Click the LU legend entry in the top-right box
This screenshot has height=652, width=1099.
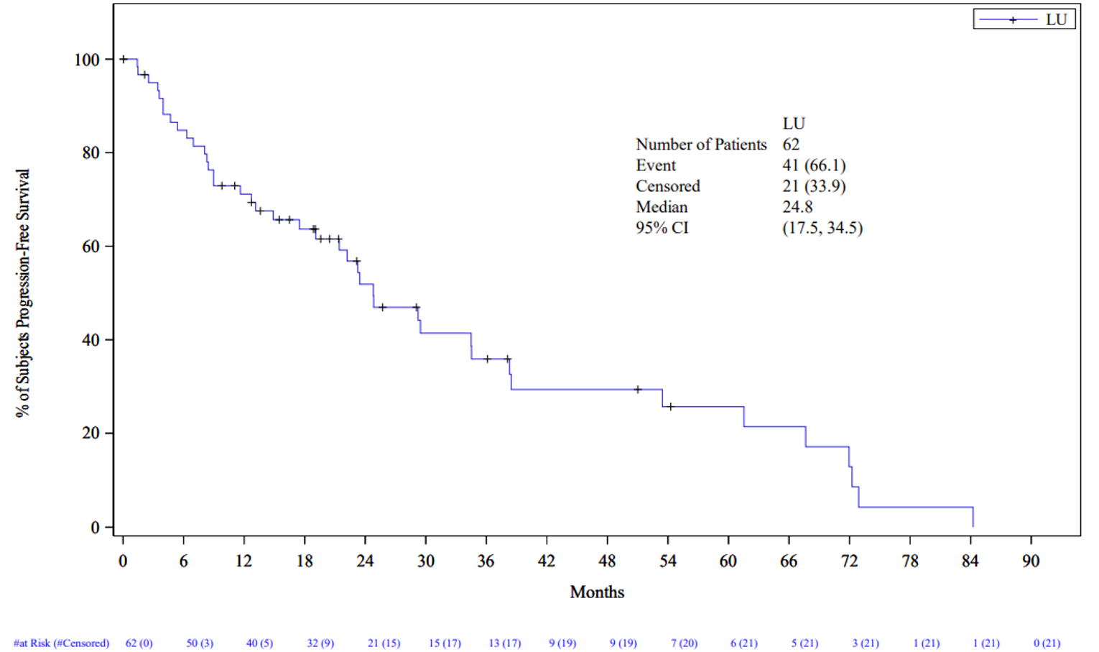(1024, 19)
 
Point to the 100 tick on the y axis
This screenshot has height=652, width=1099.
(87, 60)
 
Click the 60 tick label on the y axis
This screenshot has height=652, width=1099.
(91, 247)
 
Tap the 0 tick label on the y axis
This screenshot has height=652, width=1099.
(95, 528)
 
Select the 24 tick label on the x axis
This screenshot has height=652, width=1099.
(365, 561)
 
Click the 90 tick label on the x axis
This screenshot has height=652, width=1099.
(1031, 561)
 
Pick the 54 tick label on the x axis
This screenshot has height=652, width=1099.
(667, 561)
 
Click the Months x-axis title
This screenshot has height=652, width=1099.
(597, 592)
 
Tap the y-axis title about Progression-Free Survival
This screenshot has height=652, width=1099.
(23, 293)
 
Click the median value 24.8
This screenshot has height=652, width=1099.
(797, 207)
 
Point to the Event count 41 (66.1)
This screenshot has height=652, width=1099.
(814, 165)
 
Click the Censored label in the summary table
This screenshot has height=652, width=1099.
(667, 186)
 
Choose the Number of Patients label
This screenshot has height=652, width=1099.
(701, 144)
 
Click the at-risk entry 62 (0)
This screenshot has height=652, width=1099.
(139, 643)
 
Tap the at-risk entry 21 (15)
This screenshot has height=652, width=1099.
(384, 643)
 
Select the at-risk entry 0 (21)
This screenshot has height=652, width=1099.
(1047, 643)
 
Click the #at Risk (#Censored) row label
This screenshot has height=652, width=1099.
(62, 643)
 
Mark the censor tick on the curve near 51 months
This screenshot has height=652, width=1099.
(637, 390)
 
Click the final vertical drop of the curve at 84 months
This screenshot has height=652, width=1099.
(973, 517)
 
